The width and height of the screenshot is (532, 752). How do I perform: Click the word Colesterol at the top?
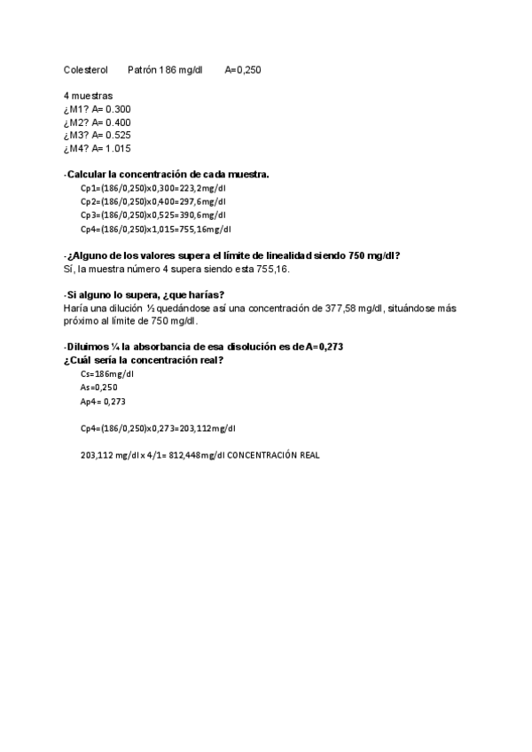pyautogui.click(x=86, y=69)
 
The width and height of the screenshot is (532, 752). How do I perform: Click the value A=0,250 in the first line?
pyautogui.click(x=242, y=69)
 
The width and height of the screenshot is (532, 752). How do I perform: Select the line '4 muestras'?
pyautogui.click(x=88, y=96)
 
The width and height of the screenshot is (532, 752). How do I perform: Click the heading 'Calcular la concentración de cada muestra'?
pyautogui.click(x=168, y=175)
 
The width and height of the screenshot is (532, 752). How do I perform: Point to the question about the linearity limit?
pyautogui.click(x=233, y=255)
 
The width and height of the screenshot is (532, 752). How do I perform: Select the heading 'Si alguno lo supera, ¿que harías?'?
pyautogui.click(x=145, y=295)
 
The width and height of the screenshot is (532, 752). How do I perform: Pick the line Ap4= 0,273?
pyautogui.click(x=104, y=402)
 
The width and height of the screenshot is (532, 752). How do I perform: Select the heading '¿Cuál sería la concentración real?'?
pyautogui.click(x=143, y=360)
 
